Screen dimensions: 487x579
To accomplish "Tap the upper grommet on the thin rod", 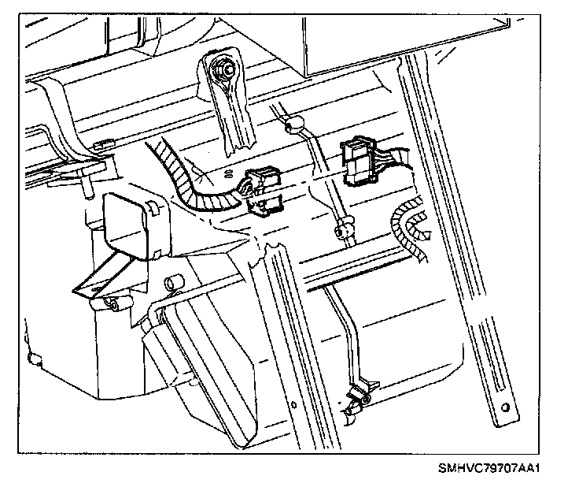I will coord(295,124).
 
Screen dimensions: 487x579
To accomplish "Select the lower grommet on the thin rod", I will coord(342,232).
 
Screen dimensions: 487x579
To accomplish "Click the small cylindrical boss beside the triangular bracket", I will coord(171,281).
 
